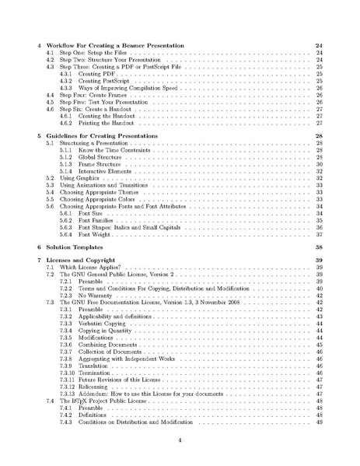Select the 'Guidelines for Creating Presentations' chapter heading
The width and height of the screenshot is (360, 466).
100,135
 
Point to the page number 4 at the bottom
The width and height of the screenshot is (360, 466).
180,440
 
